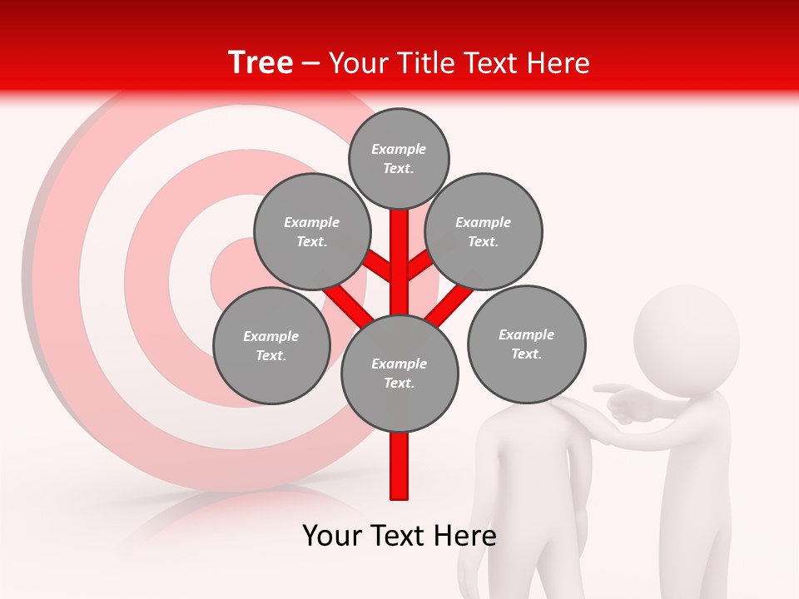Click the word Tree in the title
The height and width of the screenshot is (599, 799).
coord(261,63)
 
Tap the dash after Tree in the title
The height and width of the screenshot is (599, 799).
coord(310,64)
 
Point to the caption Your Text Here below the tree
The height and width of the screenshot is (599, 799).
coord(399,536)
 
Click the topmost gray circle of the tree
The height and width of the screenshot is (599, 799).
coord(399,158)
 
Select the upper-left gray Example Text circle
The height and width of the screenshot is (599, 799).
coord(312,231)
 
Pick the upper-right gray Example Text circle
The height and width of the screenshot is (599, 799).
coord(484,231)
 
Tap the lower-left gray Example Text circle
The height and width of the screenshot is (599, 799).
coord(271,345)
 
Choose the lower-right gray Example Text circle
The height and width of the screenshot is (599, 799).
coord(526,344)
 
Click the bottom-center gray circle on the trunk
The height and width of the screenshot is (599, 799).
coord(399,373)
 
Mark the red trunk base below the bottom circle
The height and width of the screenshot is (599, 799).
coord(399,466)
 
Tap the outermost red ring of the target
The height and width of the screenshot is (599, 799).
coord(50,275)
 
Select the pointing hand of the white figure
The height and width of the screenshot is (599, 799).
coord(620,399)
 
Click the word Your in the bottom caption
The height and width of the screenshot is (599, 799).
coord(331,536)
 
